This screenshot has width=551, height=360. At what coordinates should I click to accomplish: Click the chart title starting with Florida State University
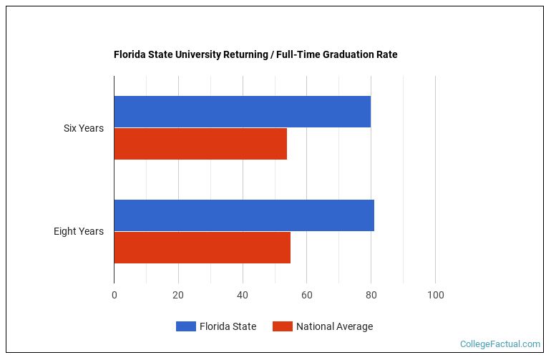click(255, 54)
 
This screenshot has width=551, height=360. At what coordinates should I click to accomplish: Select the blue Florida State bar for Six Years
click(242, 112)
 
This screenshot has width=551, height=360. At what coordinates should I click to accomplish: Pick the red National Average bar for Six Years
click(200, 144)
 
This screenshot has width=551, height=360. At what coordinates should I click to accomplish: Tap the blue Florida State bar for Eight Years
click(243, 215)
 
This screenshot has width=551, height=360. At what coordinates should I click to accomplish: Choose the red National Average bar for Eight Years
click(202, 248)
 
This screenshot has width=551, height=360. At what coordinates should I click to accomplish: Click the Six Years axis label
click(84, 128)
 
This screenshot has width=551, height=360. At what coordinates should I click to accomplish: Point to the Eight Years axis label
click(79, 231)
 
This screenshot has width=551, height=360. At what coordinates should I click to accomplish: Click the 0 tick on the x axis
click(114, 295)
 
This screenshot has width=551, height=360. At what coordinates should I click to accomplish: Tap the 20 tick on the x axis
click(178, 295)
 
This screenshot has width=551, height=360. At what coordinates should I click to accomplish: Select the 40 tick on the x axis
click(243, 295)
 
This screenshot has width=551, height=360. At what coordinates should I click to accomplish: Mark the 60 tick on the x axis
click(307, 295)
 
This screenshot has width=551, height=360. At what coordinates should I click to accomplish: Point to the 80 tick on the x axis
click(371, 295)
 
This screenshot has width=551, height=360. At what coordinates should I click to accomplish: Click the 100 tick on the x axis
click(435, 295)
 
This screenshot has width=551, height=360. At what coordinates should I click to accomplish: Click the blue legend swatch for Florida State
click(186, 326)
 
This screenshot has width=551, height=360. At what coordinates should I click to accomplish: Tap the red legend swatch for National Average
click(283, 326)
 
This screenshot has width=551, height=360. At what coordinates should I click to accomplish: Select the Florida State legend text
click(228, 326)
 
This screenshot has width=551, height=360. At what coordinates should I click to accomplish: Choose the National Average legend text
click(334, 326)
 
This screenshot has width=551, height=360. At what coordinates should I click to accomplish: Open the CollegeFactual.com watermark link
click(500, 344)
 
